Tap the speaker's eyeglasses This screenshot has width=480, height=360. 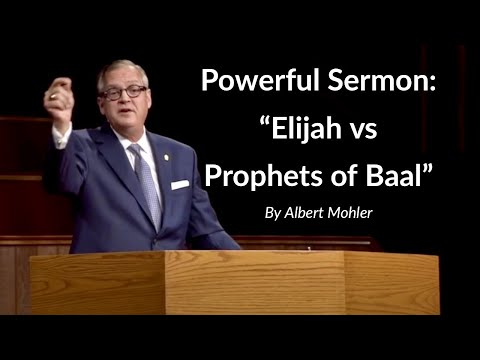coord(123,92)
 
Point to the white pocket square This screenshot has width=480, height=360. coord(180,184)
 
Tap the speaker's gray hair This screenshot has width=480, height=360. coord(125,69)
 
